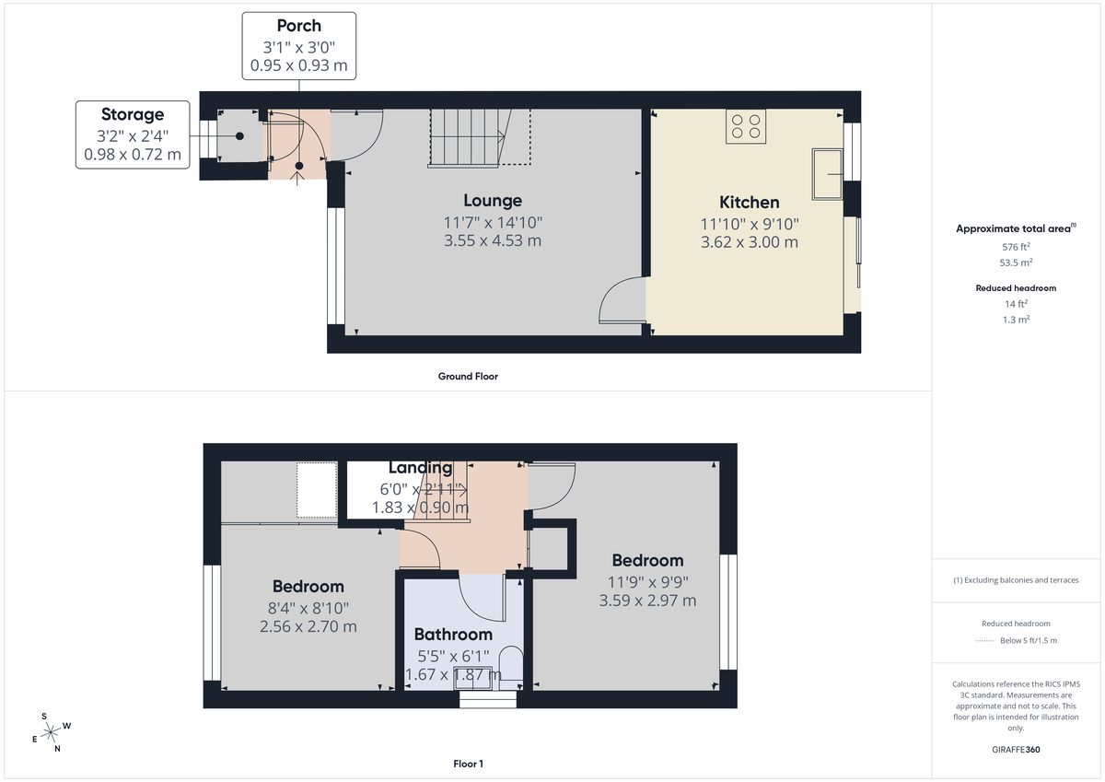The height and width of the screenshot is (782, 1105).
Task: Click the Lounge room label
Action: click(493, 201)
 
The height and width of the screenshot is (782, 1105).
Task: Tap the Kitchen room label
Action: click(749, 203)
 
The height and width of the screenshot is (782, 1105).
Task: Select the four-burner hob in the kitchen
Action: click(746, 126)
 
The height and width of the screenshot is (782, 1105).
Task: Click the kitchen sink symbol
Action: click(827, 173)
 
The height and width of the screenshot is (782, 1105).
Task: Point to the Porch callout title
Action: click(299, 26)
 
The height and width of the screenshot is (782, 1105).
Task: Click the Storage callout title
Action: click(133, 114)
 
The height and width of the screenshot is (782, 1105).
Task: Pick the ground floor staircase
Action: click(468, 136)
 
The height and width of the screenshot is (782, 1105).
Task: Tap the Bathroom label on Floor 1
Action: click(453, 635)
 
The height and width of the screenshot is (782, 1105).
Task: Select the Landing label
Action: click(420, 468)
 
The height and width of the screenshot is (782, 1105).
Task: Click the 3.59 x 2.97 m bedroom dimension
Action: click(647, 601)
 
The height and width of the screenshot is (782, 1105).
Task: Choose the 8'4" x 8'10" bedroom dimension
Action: click(308, 608)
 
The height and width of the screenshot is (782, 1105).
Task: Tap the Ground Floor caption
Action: click(468, 376)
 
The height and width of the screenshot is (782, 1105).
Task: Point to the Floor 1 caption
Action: click(468, 764)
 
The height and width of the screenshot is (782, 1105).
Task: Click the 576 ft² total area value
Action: click(1016, 247)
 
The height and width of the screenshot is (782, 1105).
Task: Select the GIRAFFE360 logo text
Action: click(1016, 750)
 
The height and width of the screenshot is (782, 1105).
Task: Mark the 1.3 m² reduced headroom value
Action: click(1016, 319)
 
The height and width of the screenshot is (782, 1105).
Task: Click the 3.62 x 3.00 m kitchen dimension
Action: click(749, 242)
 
